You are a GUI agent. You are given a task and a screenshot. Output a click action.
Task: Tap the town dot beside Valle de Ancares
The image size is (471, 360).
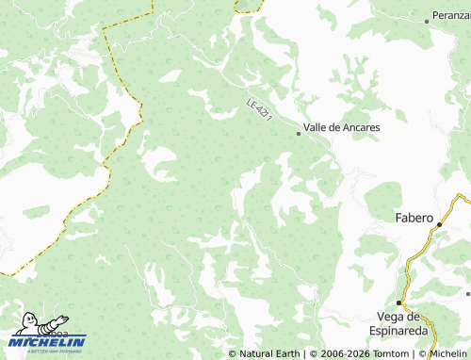(x=299, y=134)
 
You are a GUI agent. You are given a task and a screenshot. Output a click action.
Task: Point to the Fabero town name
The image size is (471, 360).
(x=413, y=219)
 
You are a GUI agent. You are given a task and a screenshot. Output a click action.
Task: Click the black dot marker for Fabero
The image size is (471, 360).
(x=440, y=224)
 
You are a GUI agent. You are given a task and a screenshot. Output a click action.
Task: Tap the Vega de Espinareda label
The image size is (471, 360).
(x=401, y=323)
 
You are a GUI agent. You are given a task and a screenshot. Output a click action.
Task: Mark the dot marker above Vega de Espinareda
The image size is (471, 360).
(x=399, y=303)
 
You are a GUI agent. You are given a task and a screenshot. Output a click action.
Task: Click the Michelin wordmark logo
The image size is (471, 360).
(x=48, y=341)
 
